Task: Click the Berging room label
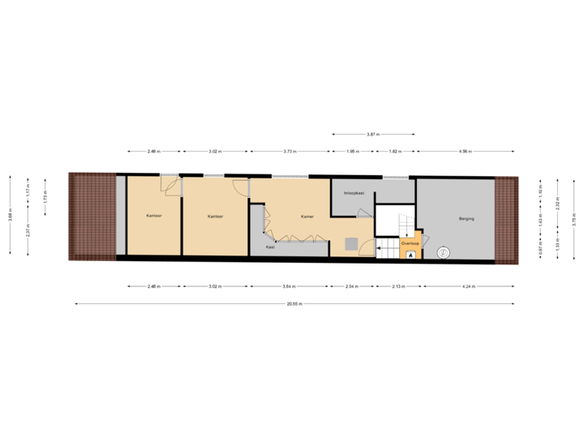466,218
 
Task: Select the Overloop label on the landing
410,243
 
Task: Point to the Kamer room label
307,217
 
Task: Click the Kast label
270,247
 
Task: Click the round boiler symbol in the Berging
443,253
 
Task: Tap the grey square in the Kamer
351,243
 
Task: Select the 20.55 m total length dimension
294,304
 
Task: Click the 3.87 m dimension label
373,134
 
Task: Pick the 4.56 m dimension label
466,151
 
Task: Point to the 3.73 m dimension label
290,151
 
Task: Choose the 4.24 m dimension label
469,286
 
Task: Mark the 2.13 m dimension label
397,286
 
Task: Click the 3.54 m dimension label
290,286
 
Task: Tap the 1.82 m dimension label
395,151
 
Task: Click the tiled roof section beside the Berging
506,219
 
